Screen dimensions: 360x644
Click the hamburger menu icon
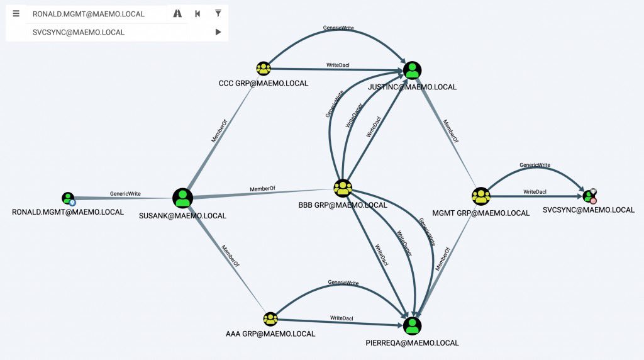point(16,13)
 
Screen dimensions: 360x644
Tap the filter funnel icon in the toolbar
point(218,13)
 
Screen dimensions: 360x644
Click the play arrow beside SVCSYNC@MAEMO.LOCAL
point(218,32)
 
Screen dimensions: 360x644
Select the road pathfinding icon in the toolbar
point(177,13)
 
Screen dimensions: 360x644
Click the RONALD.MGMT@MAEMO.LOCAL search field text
point(89,14)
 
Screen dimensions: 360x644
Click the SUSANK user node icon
point(182,198)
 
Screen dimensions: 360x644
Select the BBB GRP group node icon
point(343,188)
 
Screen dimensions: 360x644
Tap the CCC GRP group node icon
point(263,69)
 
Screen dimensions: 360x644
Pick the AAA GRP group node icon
point(270,318)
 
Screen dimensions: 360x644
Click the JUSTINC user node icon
point(412,70)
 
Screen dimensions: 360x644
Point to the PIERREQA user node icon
point(412,326)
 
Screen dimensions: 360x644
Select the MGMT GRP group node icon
point(481,196)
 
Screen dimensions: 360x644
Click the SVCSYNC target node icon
point(589,196)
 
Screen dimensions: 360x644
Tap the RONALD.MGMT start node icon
point(69,198)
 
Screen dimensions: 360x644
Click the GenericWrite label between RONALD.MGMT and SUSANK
point(125,194)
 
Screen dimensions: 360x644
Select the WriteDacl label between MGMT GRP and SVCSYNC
point(535,191)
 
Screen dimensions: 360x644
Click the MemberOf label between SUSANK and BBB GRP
point(262,189)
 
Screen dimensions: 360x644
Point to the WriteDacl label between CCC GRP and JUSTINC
point(338,65)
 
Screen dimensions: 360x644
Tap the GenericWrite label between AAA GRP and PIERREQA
point(343,283)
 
